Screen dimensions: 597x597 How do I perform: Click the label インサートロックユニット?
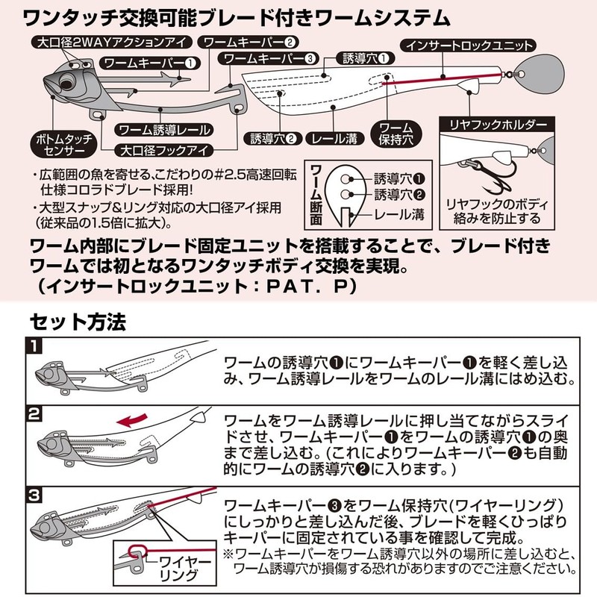point(468,46)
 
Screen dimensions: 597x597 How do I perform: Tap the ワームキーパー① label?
point(150,63)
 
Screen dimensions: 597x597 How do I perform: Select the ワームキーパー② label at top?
point(248,43)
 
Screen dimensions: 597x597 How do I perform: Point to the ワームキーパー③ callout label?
point(268,59)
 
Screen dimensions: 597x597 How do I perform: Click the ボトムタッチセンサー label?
point(63,145)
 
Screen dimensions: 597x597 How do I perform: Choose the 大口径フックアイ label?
point(163,151)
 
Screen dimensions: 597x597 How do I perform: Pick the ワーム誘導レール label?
point(163,130)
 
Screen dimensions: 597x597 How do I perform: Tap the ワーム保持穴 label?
point(396,134)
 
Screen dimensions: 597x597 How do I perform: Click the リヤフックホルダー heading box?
point(497,125)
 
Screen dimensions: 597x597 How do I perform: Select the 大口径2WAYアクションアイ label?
point(110,43)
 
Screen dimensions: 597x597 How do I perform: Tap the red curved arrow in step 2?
point(132,420)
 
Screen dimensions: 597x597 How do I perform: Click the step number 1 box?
point(34,346)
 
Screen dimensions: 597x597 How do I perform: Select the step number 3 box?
point(34,496)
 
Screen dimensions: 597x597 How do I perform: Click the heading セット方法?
point(78,322)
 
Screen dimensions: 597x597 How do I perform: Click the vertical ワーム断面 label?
point(316,195)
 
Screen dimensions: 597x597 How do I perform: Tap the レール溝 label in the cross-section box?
point(400,215)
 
